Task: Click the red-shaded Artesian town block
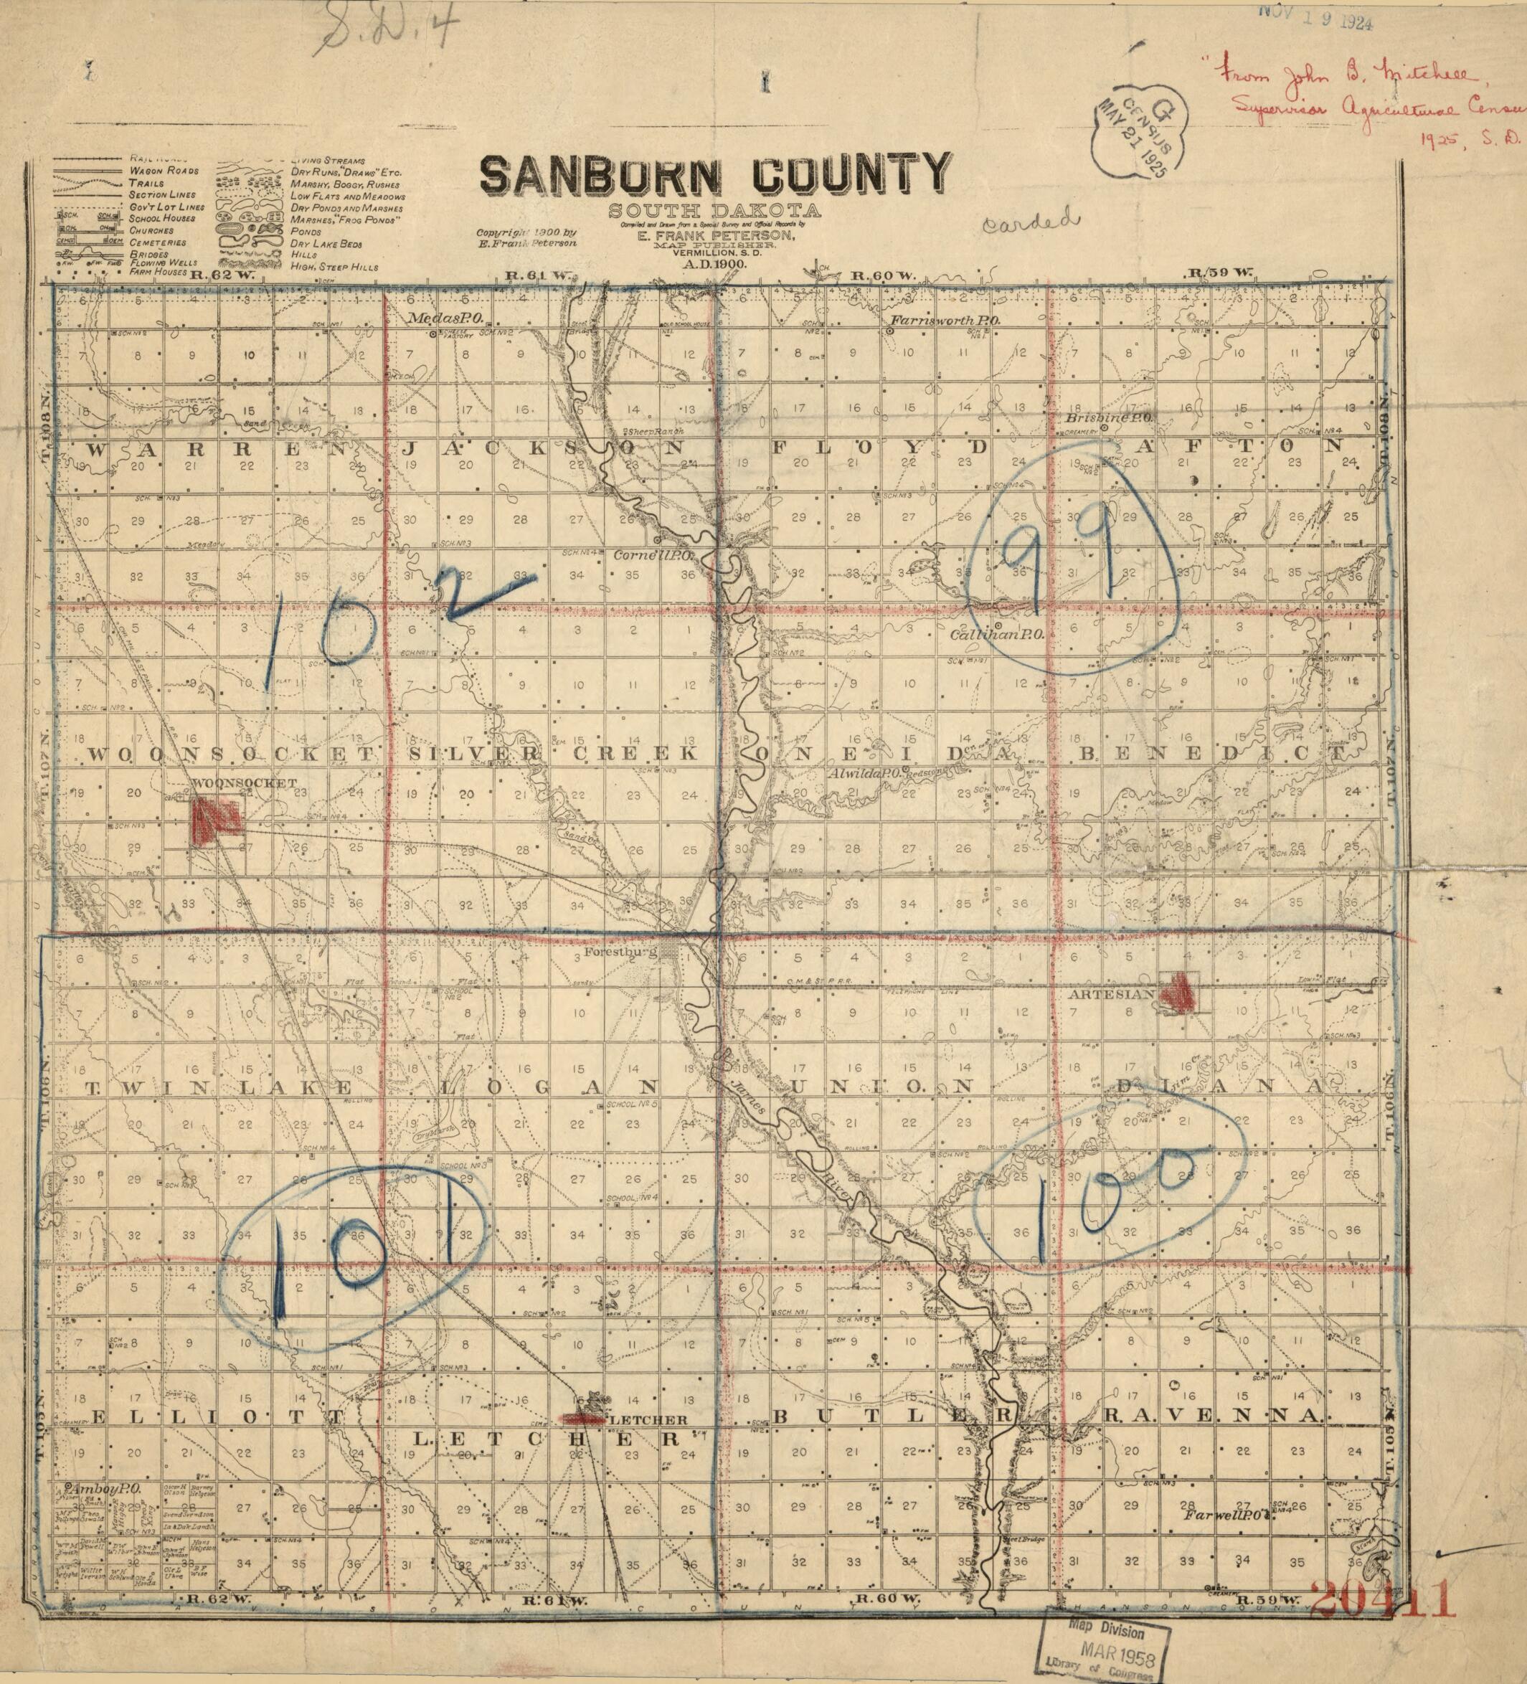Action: pyautogui.click(x=1178, y=993)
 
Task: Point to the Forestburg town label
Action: pyautogui.click(x=623, y=950)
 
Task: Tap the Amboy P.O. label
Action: pyautogui.click(x=100, y=1490)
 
